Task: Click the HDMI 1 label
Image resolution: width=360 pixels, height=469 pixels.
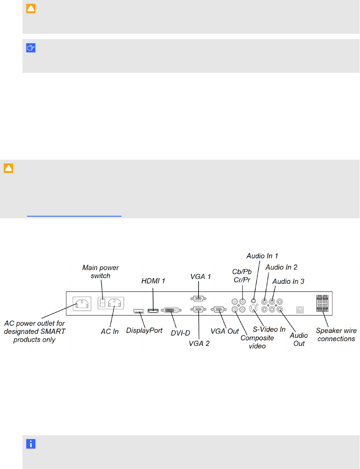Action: click(153, 281)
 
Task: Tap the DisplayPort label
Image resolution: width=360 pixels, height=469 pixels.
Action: click(144, 331)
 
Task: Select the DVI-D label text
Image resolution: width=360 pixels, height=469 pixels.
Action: click(180, 333)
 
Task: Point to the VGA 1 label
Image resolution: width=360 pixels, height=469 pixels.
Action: click(200, 276)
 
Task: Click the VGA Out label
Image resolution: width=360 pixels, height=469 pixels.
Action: click(225, 331)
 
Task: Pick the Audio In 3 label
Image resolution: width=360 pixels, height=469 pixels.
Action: click(288, 281)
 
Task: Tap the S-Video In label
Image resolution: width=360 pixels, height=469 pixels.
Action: click(269, 329)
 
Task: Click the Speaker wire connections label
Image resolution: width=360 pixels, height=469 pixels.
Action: click(336, 335)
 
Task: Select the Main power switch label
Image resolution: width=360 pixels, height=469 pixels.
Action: click(101, 272)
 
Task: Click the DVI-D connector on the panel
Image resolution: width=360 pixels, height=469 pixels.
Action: click(171, 311)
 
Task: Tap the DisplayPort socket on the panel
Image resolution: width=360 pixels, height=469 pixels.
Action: click(138, 311)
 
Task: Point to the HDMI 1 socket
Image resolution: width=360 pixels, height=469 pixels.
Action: click(153, 311)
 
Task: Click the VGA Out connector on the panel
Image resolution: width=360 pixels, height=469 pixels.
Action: click(218, 309)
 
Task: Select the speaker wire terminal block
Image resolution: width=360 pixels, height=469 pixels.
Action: click(322, 303)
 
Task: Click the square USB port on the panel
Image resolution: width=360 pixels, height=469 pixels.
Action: click(300, 310)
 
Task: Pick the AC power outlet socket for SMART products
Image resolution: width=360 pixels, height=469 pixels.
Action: click(82, 304)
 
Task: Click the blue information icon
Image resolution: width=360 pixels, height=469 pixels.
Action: click(31, 444)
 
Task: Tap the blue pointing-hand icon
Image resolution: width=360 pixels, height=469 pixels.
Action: click(31, 48)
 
